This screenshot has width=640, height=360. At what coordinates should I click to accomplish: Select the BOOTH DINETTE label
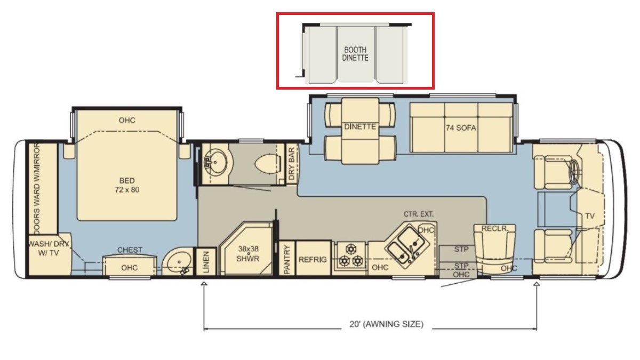[x=355, y=54]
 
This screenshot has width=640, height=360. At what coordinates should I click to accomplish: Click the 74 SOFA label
[x=461, y=128]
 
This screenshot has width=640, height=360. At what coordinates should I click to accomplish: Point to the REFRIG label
[x=313, y=260]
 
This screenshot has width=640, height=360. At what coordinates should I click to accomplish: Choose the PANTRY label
[x=287, y=259]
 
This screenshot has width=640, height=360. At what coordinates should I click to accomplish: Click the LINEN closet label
[x=206, y=261]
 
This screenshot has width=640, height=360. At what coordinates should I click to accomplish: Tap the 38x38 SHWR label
[x=249, y=254]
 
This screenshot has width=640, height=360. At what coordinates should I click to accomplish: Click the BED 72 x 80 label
[x=127, y=185]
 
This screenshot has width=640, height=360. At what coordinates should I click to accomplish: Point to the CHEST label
[x=130, y=250]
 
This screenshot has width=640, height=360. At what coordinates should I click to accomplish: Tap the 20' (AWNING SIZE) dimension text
[x=386, y=324]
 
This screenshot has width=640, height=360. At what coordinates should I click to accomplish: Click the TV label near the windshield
[x=590, y=216]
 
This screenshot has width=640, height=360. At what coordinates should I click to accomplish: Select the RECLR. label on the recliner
[x=495, y=229]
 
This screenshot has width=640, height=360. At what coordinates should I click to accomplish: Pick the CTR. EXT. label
[x=419, y=214]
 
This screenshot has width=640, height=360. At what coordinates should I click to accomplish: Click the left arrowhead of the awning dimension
[x=204, y=283]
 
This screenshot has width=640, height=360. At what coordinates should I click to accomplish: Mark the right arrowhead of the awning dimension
[x=537, y=283]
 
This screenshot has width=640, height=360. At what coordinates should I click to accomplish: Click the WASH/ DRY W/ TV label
[x=49, y=249]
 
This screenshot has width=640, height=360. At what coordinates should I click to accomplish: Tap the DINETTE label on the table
[x=360, y=126]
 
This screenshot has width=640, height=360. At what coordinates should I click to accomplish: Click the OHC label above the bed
[x=127, y=121]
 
